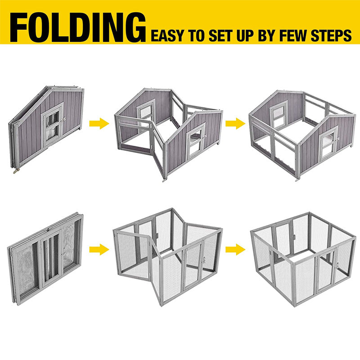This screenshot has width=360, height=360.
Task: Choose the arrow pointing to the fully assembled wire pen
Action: pyautogui.click(x=235, y=248)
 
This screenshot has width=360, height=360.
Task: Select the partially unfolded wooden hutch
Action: pyautogui.click(x=167, y=133)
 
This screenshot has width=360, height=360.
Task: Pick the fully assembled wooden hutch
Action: pyautogui.click(x=301, y=133)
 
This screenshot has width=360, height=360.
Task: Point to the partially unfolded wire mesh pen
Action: pyautogui.click(x=167, y=256)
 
